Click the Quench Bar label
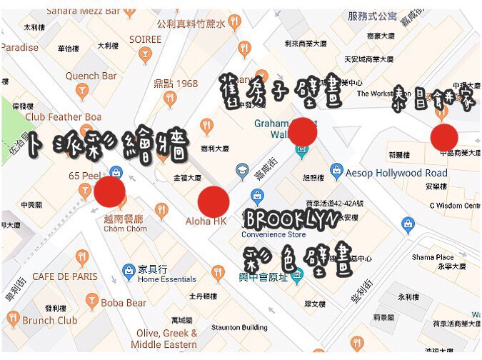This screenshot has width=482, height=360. pyautogui.click(x=91, y=76)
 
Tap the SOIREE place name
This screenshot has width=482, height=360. pyautogui.click(x=145, y=39)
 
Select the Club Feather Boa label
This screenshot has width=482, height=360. pyautogui.click(x=64, y=116)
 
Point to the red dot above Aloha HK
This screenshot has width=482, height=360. pyautogui.click(x=214, y=201)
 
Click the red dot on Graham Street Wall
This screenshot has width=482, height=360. pyautogui.click(x=303, y=132)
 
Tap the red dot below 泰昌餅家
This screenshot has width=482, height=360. pyautogui.click(x=444, y=137)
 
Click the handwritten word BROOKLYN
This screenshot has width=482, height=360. pyautogui.click(x=294, y=219)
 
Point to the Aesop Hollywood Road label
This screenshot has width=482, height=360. pyautogui.click(x=396, y=173)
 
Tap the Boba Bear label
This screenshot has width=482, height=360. pyautogui.click(x=123, y=302)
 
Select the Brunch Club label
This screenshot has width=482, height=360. pyautogui.click(x=49, y=321)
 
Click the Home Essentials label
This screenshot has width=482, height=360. pyautogui.click(x=167, y=279)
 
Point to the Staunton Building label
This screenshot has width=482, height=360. pyautogui.click(x=240, y=327)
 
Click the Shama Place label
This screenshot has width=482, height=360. pyautogui.click(x=432, y=257)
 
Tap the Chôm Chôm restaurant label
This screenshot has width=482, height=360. pyautogui.click(x=125, y=229)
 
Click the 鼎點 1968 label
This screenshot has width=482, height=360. pyautogui.click(x=176, y=84)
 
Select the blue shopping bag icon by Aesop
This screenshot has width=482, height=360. pyautogui.click(x=336, y=171)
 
